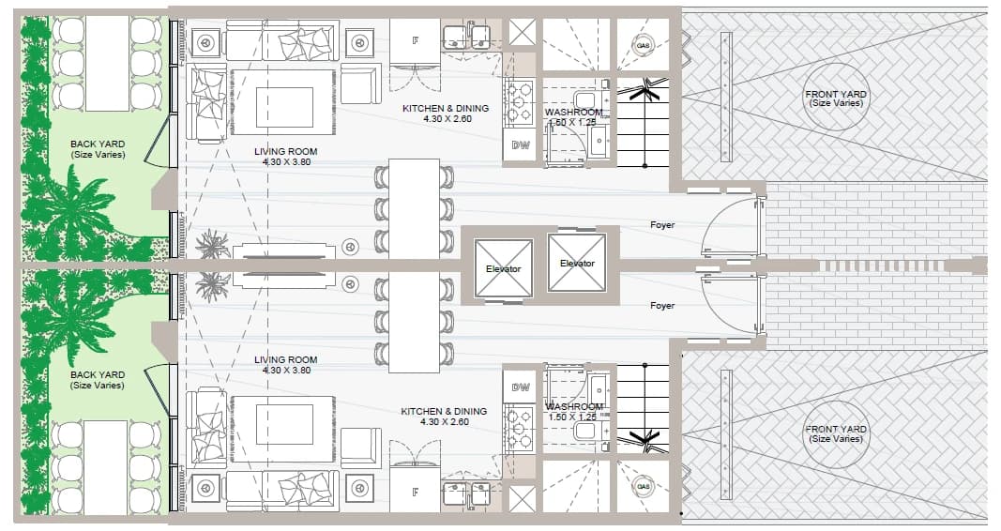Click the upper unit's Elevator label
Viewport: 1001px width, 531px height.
[577, 263]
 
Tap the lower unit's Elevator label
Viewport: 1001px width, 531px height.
[503, 268]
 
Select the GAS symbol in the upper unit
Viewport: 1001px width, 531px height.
[643, 46]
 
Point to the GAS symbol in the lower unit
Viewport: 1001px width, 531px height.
[643, 487]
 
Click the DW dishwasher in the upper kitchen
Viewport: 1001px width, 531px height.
[521, 145]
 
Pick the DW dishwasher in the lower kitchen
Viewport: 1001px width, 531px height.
[521, 387]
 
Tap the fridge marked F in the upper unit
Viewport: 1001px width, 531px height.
[415, 41]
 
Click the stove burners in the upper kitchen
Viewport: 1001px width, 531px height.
[519, 101]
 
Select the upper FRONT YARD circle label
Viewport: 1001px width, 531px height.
[836, 99]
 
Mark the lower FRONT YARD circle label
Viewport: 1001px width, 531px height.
[836, 433]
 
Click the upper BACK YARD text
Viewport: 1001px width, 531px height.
[98, 149]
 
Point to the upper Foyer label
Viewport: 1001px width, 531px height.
[662, 224]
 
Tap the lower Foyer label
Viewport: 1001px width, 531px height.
[662, 306]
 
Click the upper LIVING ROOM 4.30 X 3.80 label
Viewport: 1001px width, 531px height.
[285, 157]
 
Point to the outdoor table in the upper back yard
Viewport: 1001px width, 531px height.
[107, 63]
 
